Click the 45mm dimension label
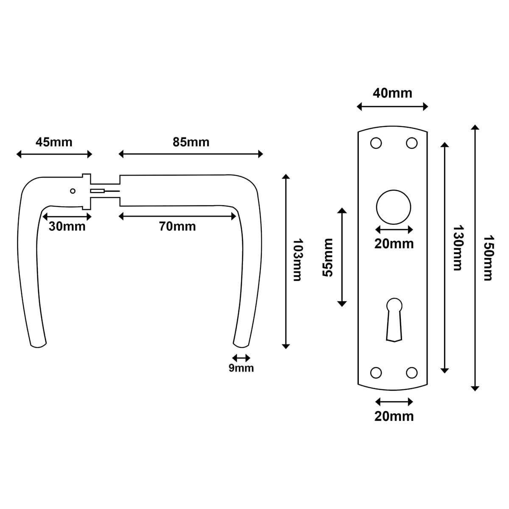click(54, 142)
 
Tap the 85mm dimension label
click(191, 142)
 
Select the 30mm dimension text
click(67, 227)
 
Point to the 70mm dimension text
click(177, 227)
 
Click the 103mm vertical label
click(297, 260)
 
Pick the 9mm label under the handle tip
click(241, 368)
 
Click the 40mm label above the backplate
click(392, 93)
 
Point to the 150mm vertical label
click(488, 257)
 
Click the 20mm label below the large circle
click(394, 244)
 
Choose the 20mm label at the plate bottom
click(394, 416)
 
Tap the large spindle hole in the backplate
click(394, 207)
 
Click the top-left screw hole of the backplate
click(375, 143)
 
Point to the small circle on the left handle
click(73, 191)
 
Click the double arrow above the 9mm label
click(241, 358)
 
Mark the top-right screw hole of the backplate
click(412, 143)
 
